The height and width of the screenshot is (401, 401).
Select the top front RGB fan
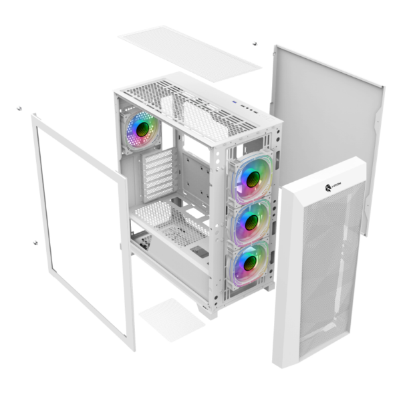pyautogui.click(x=252, y=178)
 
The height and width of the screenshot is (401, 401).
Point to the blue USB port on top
pyautogui.click(x=236, y=103)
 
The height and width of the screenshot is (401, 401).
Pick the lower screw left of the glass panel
pyautogui.click(x=33, y=243)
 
